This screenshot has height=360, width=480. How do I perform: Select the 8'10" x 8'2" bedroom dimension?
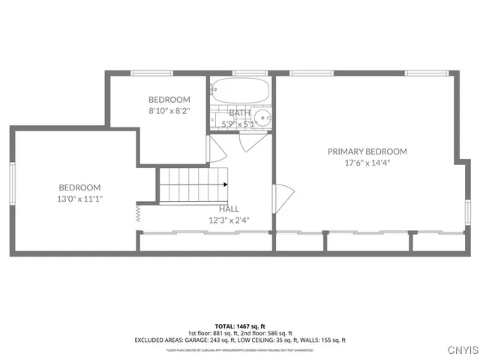click(x=169, y=110)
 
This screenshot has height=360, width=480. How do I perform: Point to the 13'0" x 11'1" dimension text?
click(x=79, y=199)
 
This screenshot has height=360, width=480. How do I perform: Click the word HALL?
click(x=229, y=209)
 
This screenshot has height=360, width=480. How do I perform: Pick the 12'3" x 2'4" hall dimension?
click(x=229, y=220)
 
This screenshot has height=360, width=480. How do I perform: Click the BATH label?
click(x=239, y=113)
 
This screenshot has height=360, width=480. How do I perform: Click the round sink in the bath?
click(x=262, y=118)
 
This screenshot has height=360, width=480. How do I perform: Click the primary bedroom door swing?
click(x=286, y=200)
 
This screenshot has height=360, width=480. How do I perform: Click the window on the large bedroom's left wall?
click(x=12, y=183)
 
